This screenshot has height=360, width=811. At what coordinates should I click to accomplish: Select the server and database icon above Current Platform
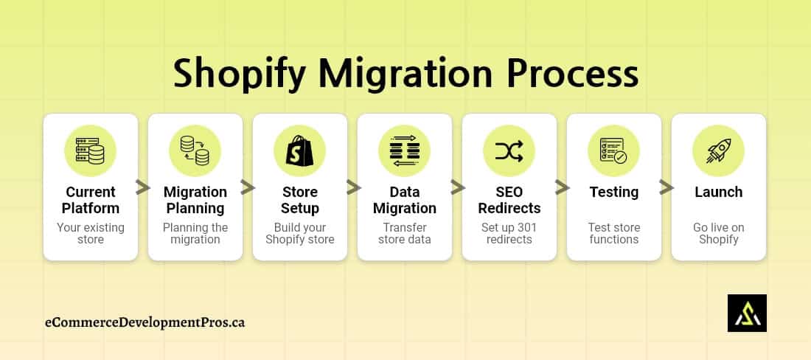[91, 151]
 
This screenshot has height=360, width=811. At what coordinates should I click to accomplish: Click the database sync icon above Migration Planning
[195, 151]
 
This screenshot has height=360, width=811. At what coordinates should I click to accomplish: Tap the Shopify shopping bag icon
[300, 151]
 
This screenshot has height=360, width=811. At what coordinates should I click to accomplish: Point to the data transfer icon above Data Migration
[405, 151]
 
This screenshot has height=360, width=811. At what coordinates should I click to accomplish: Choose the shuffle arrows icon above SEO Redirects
[509, 151]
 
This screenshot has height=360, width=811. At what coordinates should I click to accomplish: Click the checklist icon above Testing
[614, 151]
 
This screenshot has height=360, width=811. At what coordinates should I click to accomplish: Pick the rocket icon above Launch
[719, 151]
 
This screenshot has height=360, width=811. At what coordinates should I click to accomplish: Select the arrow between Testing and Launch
[666, 188]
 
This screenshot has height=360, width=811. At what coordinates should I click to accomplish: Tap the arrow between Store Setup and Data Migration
[352, 188]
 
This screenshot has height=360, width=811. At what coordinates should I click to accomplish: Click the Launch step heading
[719, 192]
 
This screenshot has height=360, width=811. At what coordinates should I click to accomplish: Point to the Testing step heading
[614, 192]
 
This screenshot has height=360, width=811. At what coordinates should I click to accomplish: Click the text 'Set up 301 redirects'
[509, 233]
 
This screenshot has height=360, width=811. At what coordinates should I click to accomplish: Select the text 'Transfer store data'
[405, 233]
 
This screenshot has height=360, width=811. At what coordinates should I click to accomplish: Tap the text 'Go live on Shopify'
[719, 233]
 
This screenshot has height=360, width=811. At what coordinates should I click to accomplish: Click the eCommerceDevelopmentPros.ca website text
[145, 322]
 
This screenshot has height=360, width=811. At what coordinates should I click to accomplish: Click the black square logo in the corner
[747, 314]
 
